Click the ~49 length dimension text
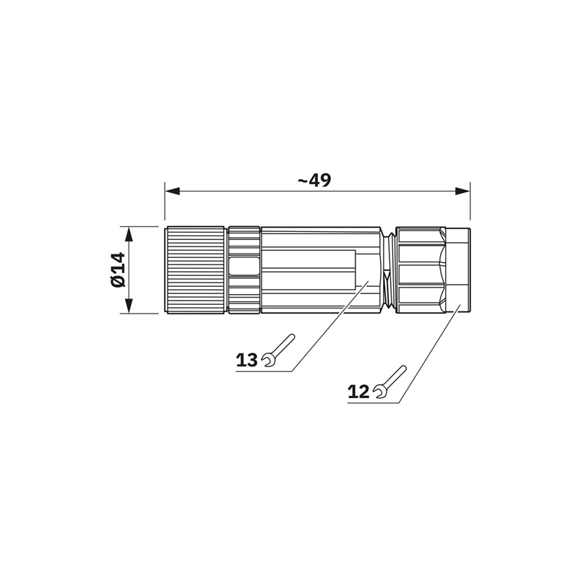pyautogui.click(x=314, y=180)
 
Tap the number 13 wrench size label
pyautogui.click(x=246, y=360)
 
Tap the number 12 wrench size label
pyautogui.click(x=358, y=392)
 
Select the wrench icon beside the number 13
pyautogui.click(x=279, y=350)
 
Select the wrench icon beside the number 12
pyautogui.click(x=390, y=382)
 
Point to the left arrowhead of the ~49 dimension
pyautogui.click(x=172, y=191)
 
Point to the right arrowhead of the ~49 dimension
pyautogui.click(x=462, y=191)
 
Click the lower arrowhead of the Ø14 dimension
pyautogui.click(x=129, y=306)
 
